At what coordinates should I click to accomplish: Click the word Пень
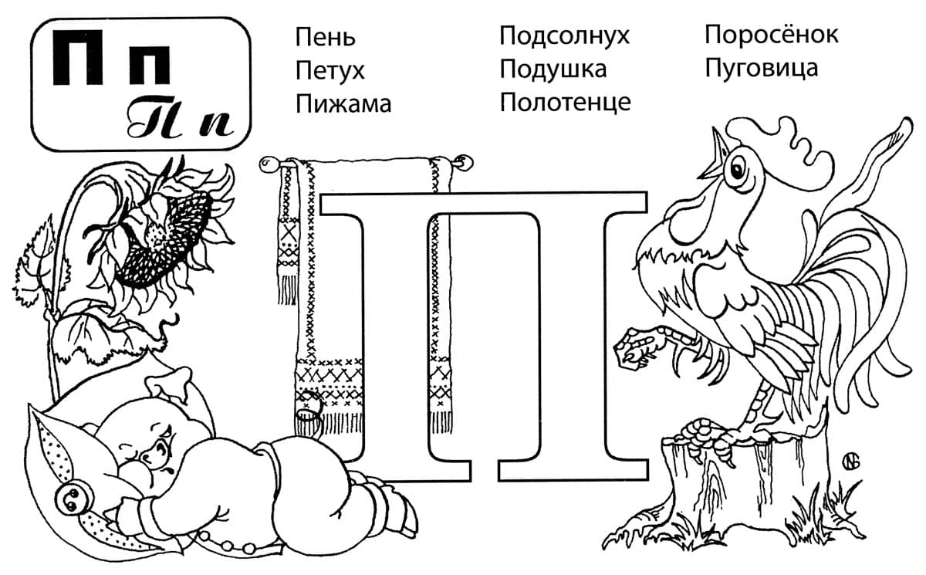325,37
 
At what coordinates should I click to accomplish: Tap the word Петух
330,71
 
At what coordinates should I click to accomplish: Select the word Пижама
343,104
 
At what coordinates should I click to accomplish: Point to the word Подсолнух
565,36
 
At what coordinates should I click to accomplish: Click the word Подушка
553,69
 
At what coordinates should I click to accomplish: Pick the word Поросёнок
771,35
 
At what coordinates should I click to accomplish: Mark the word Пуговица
761,69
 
